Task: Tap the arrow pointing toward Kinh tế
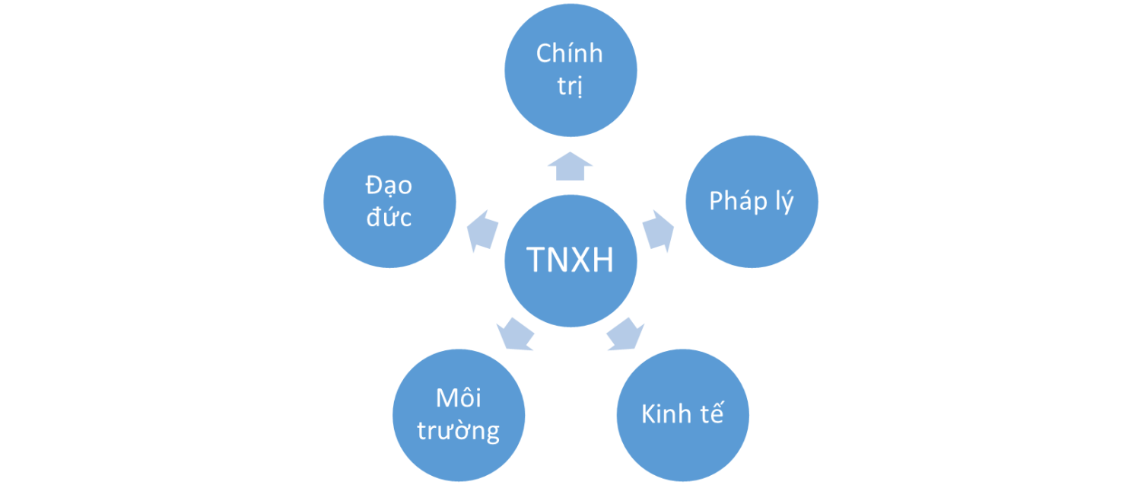(x=625, y=334)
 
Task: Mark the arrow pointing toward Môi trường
(x=515, y=334)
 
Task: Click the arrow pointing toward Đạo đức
(x=482, y=232)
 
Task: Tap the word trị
(x=570, y=86)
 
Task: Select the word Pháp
(x=733, y=201)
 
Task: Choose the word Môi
(x=459, y=398)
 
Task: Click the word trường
(x=459, y=431)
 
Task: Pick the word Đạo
(x=389, y=185)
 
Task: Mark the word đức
(x=389, y=218)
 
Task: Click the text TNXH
(x=570, y=261)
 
